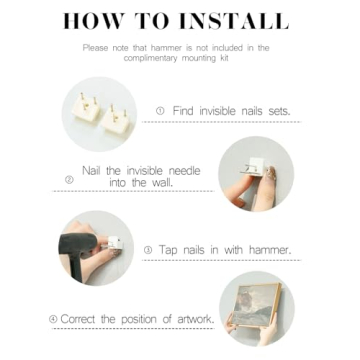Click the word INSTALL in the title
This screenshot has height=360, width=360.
click(x=234, y=22)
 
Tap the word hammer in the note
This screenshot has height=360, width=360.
click(x=166, y=48)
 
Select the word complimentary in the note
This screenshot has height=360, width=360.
click(x=151, y=58)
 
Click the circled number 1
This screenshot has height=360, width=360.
click(x=160, y=111)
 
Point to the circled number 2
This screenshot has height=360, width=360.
click(x=69, y=180)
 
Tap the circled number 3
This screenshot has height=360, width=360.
click(x=148, y=250)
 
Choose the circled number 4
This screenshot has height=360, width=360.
click(x=53, y=319)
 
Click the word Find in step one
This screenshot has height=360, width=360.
click(x=183, y=111)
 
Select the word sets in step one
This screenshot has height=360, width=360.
click(x=279, y=111)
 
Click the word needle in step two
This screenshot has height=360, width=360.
click(x=184, y=171)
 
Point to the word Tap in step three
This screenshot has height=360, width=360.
click(x=167, y=250)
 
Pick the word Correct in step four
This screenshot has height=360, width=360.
click(x=78, y=319)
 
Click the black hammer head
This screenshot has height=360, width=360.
click(x=78, y=243)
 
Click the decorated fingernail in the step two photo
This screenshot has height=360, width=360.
click(x=272, y=174)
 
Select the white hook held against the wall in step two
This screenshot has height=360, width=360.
click(x=254, y=167)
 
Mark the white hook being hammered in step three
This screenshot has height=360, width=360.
click(x=112, y=243)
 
